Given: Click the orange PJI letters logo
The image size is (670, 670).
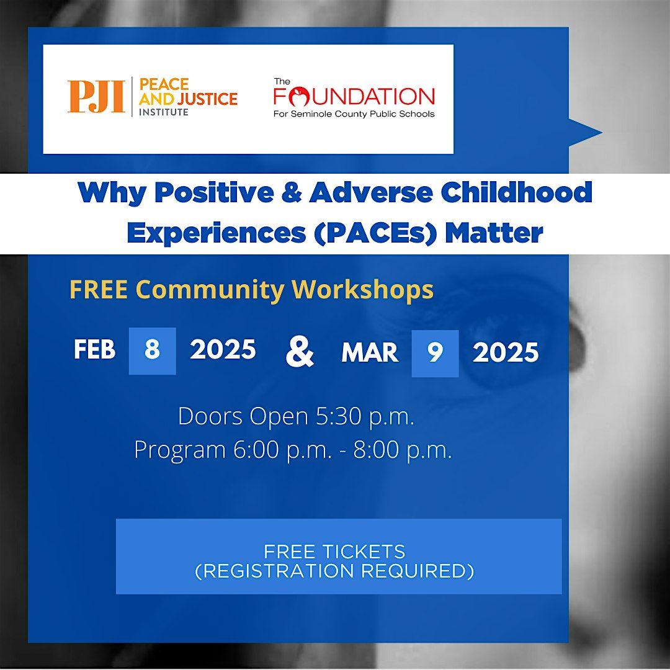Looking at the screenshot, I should pyautogui.click(x=96, y=97).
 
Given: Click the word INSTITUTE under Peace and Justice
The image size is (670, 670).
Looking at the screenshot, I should pyautogui.click(x=163, y=112).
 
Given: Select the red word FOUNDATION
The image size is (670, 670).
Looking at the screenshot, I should pyautogui.click(x=354, y=97).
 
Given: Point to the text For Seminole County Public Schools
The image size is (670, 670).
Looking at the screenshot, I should pyautogui.click(x=354, y=114).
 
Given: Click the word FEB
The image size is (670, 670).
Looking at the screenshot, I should pyautogui.click(x=94, y=350).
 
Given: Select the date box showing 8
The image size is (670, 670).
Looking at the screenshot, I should pyautogui.click(x=152, y=351).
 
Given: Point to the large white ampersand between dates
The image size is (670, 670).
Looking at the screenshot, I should pyautogui.click(x=300, y=352).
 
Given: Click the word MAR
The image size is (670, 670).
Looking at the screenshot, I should pyautogui.click(x=370, y=352).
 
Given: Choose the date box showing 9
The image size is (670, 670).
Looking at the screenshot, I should pyautogui.click(x=435, y=354).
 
